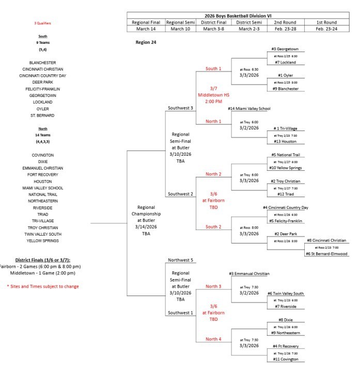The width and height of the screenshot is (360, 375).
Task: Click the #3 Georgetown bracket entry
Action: [x=285, y=49]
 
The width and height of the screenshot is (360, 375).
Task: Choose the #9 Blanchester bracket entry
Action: [x=286, y=89]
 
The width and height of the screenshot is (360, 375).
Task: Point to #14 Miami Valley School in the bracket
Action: [x=249, y=109]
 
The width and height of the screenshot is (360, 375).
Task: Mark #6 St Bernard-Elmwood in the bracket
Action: [x=327, y=254]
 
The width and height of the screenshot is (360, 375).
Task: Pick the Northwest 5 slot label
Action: [x=181, y=260]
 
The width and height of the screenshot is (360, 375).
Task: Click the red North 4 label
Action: [x=213, y=339]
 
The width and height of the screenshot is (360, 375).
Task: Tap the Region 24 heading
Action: [x=146, y=43]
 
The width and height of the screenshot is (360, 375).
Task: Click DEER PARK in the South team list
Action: [x=43, y=82]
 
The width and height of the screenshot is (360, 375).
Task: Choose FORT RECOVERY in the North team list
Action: [x=43, y=175]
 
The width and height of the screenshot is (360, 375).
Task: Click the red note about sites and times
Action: [x=43, y=286]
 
